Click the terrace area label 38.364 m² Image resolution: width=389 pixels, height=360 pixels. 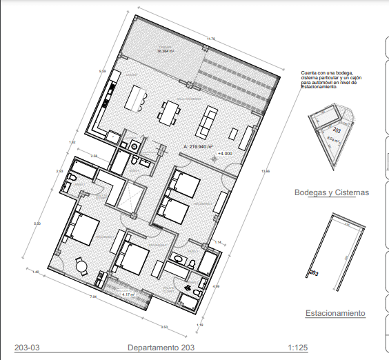point(165,50)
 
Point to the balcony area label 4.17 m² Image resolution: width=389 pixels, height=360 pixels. point(128,294)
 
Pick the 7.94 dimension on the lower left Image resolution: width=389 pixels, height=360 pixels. point(92,297)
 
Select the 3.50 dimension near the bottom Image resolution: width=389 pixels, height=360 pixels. point(163,326)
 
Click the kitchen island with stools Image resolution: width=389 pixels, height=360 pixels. point(135,99)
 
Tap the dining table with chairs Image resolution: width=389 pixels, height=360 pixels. point(170,112)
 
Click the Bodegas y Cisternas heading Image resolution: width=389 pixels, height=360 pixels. point(331,192)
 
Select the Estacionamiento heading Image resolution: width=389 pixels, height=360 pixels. point(335,313)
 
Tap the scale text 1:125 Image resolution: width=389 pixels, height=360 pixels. point(297,348)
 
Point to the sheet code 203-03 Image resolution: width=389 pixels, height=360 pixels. point(27,348)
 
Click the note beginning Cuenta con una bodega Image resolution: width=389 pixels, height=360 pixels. point(328,79)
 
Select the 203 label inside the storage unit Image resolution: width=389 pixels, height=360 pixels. point(337,129)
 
